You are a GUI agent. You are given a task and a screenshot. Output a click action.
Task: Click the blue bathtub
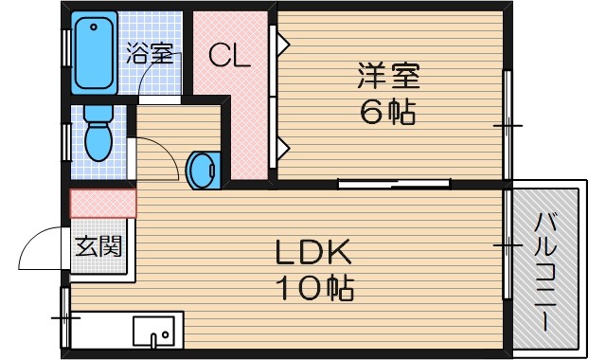[96, 52]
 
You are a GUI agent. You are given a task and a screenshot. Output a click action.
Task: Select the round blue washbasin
[202, 170]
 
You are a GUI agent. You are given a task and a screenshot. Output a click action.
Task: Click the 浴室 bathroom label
[151, 53]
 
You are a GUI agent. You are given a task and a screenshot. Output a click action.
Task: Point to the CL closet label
[230, 56]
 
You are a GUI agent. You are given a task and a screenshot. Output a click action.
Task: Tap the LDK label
[313, 252]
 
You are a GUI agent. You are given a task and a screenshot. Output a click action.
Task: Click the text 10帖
[313, 286]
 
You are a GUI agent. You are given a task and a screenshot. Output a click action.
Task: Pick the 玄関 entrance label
[98, 248]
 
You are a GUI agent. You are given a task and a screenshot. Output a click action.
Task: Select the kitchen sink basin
[152, 332]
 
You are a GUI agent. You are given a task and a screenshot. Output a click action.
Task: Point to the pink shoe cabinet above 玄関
[103, 204]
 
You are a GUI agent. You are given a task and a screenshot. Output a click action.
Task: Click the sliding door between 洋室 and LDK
[393, 183]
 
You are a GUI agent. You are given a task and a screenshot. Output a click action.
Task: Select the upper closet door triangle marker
[282, 43]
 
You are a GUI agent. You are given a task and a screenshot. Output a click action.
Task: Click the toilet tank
[98, 113]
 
